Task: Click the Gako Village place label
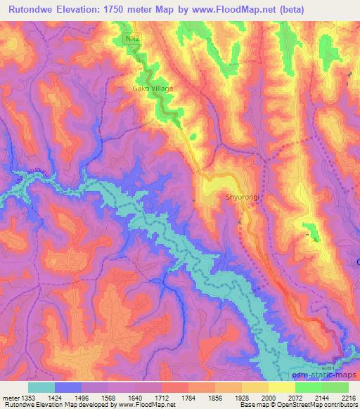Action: point(153,89)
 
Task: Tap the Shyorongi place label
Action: point(243,197)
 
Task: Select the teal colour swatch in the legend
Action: point(41,387)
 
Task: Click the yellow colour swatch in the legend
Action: point(281,387)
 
